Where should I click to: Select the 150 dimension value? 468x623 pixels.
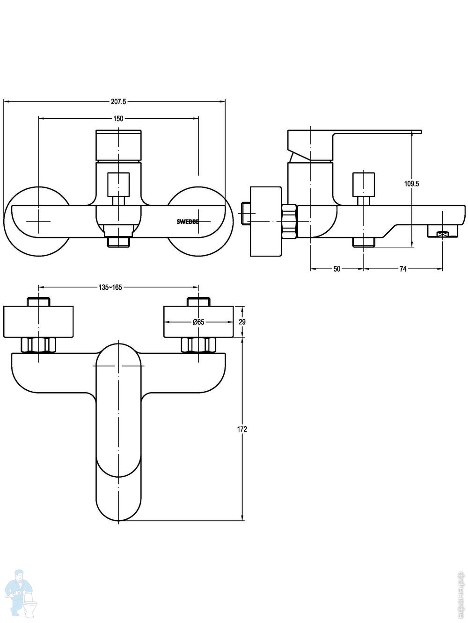[118, 119]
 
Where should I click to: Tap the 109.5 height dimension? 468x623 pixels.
[411, 184]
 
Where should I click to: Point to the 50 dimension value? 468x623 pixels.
[336, 269]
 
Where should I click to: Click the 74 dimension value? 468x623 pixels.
[403, 269]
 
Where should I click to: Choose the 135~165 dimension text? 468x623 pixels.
[110, 287]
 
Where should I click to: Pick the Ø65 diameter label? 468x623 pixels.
[198, 322]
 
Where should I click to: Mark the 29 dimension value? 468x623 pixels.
[242, 322]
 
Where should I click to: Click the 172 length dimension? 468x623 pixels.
[242, 429]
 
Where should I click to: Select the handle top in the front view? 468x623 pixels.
[118, 145]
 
